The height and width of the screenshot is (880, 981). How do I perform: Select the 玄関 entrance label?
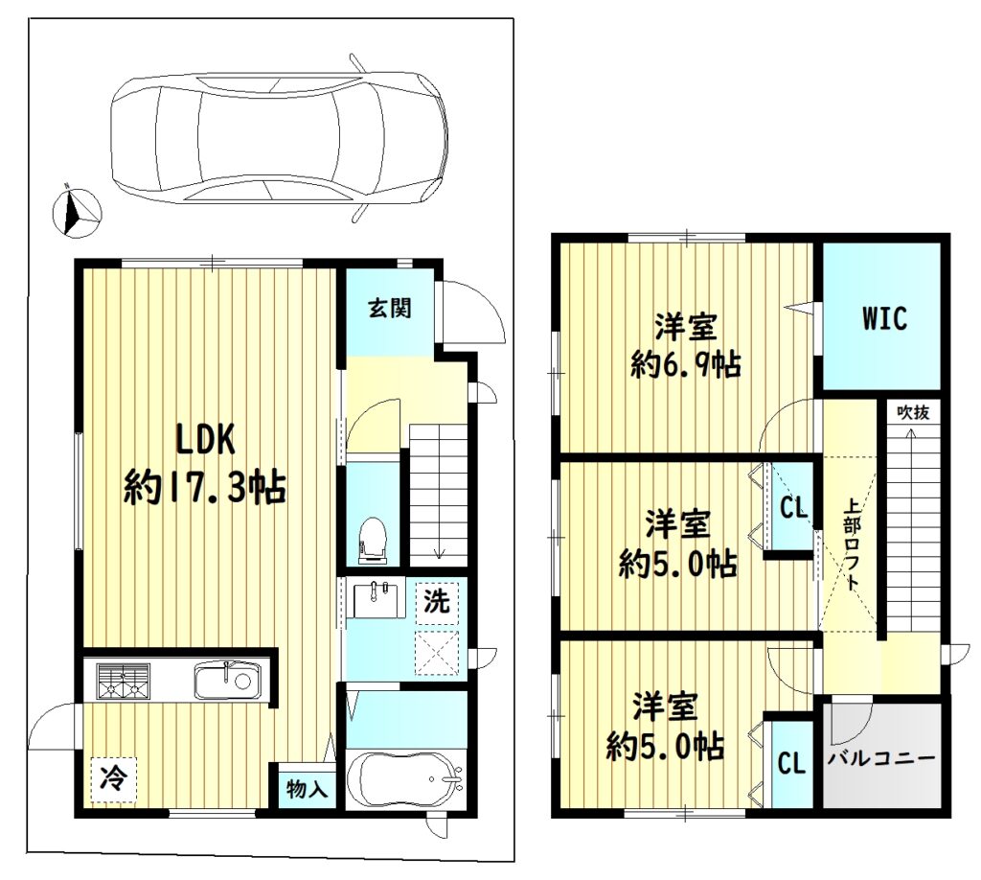(x=389, y=309)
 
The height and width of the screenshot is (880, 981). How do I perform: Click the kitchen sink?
(x=226, y=680)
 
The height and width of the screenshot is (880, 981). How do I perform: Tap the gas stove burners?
(x=123, y=680)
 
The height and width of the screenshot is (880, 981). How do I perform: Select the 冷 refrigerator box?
(x=114, y=778)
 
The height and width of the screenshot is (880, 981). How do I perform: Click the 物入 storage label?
(x=307, y=788)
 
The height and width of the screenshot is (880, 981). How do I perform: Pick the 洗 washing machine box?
(x=437, y=601)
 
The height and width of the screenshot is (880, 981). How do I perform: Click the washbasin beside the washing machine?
(x=379, y=599)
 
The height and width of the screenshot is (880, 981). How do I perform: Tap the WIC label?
(x=884, y=318)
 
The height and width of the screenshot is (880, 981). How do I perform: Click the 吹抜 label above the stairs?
(x=912, y=412)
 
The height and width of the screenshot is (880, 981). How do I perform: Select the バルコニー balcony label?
(x=881, y=759)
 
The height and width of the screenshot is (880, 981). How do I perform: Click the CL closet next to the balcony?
(x=790, y=764)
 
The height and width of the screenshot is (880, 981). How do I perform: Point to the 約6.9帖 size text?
(x=686, y=364)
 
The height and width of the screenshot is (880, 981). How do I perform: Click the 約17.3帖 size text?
(x=205, y=487)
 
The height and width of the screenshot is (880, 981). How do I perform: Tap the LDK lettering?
(x=205, y=439)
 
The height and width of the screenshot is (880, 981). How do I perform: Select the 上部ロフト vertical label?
(x=851, y=544)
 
